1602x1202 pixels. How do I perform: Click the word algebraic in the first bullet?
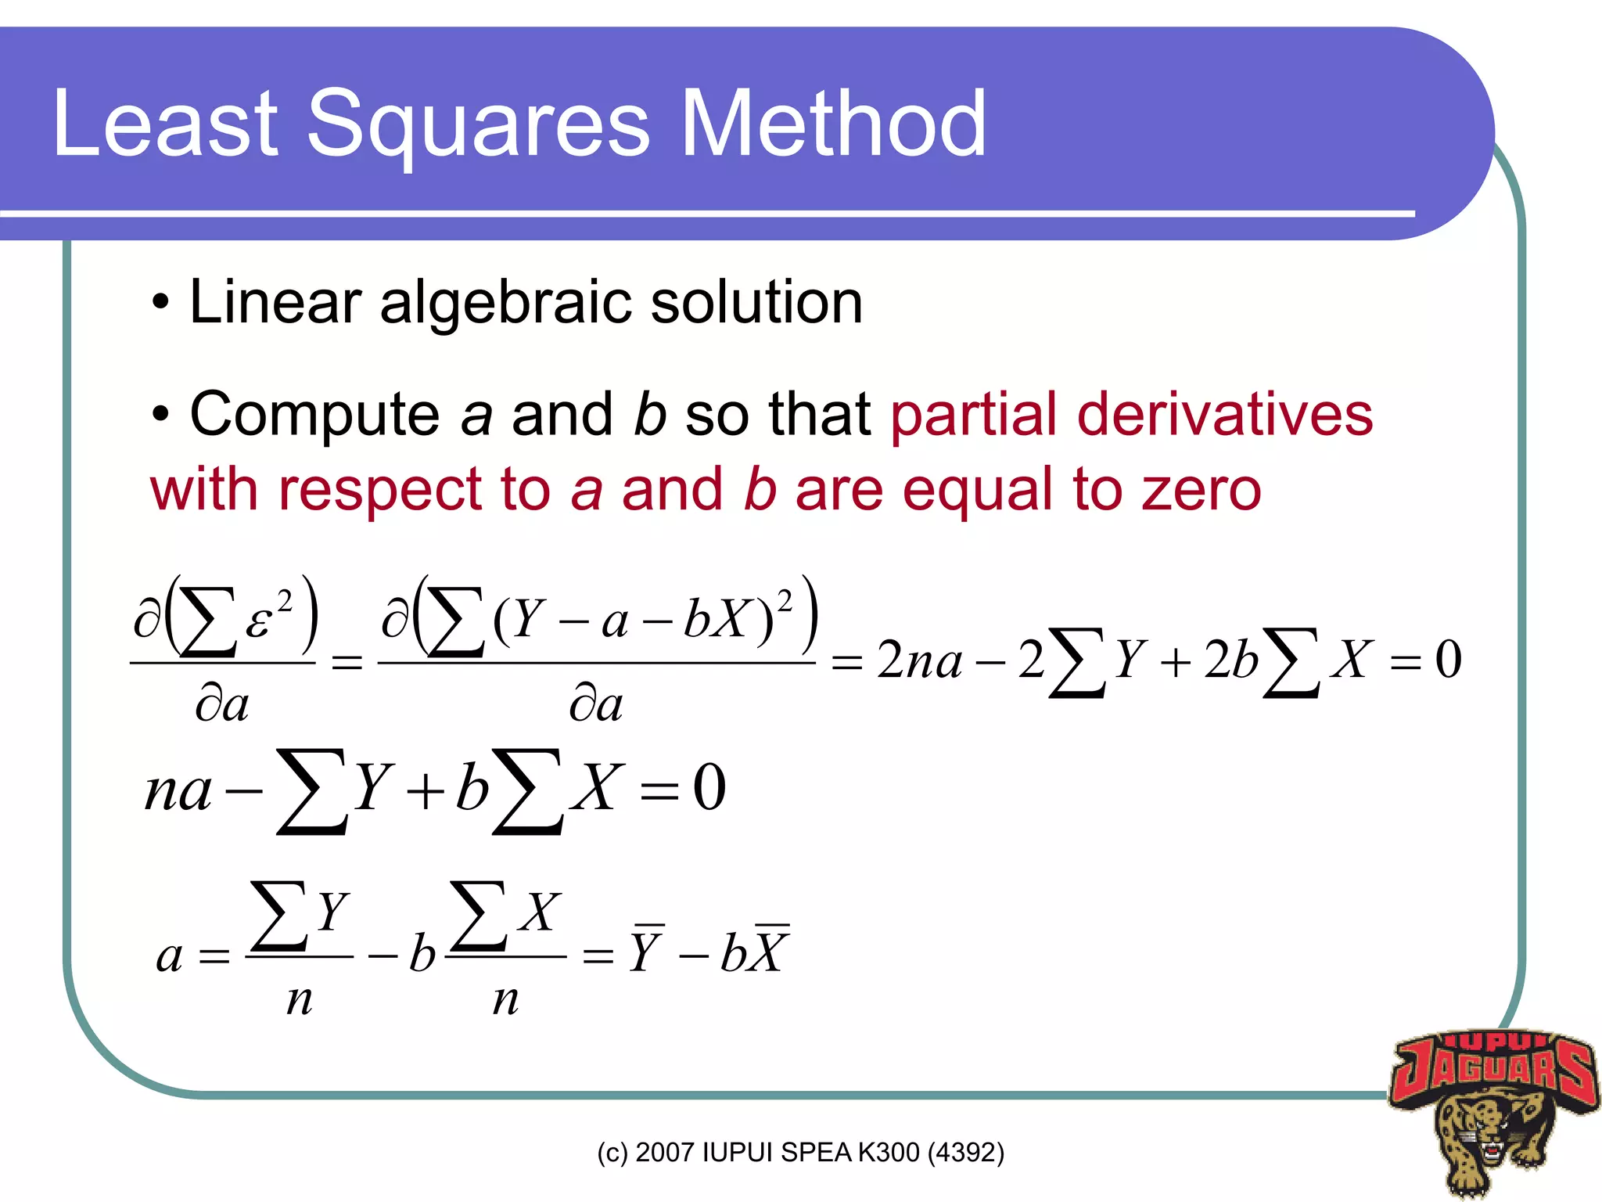click(x=505, y=304)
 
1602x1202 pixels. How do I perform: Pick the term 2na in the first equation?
click(x=918, y=659)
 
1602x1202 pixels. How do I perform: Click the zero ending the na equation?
click(x=709, y=787)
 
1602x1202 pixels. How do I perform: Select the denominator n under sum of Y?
click(x=300, y=1000)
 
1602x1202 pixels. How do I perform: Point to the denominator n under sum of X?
click(x=506, y=1000)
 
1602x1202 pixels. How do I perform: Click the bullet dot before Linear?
click(x=160, y=302)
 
